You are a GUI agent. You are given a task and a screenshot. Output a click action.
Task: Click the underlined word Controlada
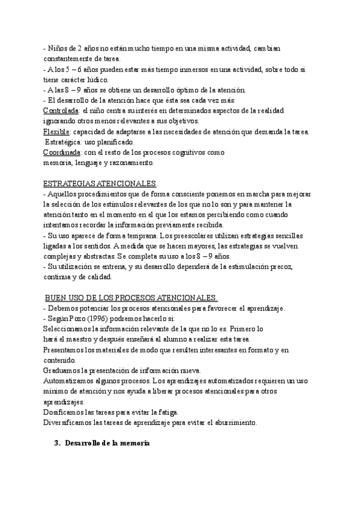61,111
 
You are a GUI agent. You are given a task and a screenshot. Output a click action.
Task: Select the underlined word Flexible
56,131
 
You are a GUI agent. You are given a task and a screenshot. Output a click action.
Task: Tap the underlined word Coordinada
63,152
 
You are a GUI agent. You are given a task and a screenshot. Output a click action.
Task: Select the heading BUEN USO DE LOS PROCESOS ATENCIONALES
131,298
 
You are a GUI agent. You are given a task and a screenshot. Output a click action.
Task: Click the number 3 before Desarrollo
56,443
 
